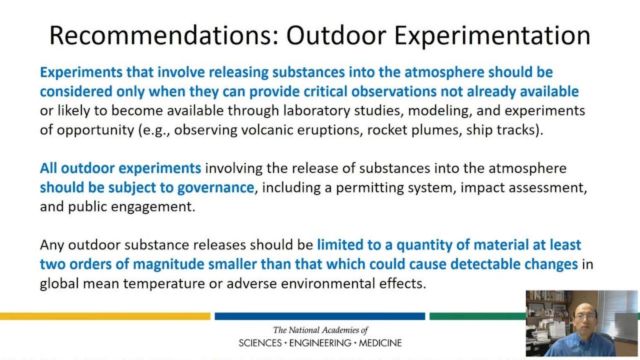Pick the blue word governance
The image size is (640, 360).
tap(210, 187)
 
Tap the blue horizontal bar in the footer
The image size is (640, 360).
tap(319, 316)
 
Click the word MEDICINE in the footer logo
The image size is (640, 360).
tap(381, 343)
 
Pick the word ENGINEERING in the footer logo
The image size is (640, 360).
tap(320, 343)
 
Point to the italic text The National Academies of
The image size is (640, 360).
tap(320, 330)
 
